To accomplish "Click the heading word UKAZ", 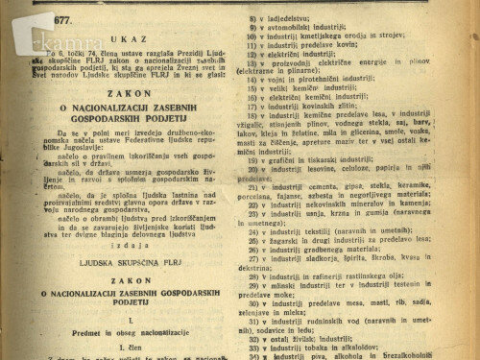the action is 129,39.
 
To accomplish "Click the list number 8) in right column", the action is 252,16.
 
